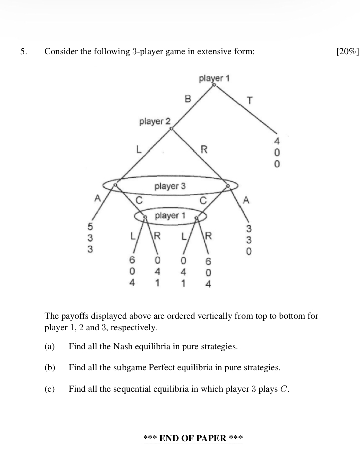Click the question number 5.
coord(23,52)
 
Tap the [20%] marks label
coord(347,52)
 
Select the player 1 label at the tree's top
coord(214,78)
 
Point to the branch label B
coord(188,99)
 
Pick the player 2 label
coord(155,122)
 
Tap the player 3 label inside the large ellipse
coord(170,186)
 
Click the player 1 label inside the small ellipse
coord(170,216)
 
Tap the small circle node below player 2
coord(172,129)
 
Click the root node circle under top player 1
coord(214,85)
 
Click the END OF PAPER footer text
coord(193,438)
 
